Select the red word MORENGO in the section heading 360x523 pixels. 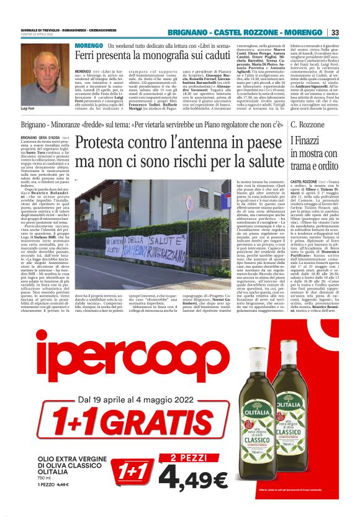coord(88,46)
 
